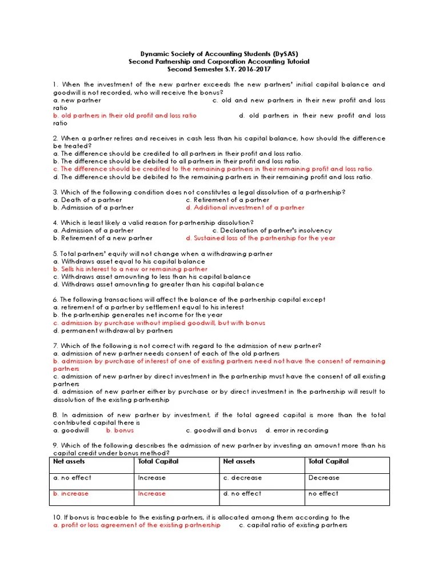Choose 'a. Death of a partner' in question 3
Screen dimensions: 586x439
pos(87,200)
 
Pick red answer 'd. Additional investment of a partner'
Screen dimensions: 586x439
pos(245,208)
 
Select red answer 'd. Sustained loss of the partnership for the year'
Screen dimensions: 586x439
pos(261,238)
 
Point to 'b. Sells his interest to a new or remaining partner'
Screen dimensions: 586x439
pos(130,269)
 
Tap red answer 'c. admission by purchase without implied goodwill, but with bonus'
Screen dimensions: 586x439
pos(159,323)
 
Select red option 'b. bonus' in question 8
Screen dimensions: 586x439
pos(120,430)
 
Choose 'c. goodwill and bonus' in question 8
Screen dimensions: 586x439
pos(222,430)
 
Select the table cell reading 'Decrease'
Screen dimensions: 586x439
pos(324,477)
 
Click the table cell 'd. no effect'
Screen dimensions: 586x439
pos(242,493)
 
